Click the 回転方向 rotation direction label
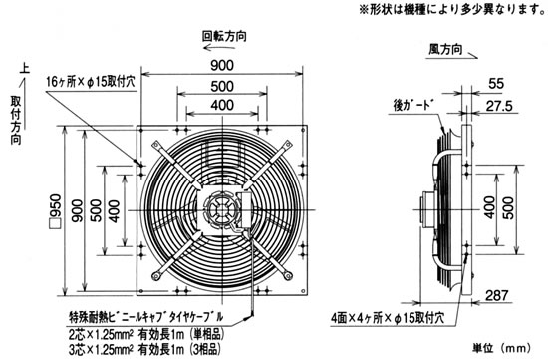point(224,36)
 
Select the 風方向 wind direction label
point(445,49)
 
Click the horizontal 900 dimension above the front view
point(222,66)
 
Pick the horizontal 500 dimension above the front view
point(222,86)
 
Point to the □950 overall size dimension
point(56,211)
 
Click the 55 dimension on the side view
point(496,83)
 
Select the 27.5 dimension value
point(499,106)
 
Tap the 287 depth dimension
point(496,295)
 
